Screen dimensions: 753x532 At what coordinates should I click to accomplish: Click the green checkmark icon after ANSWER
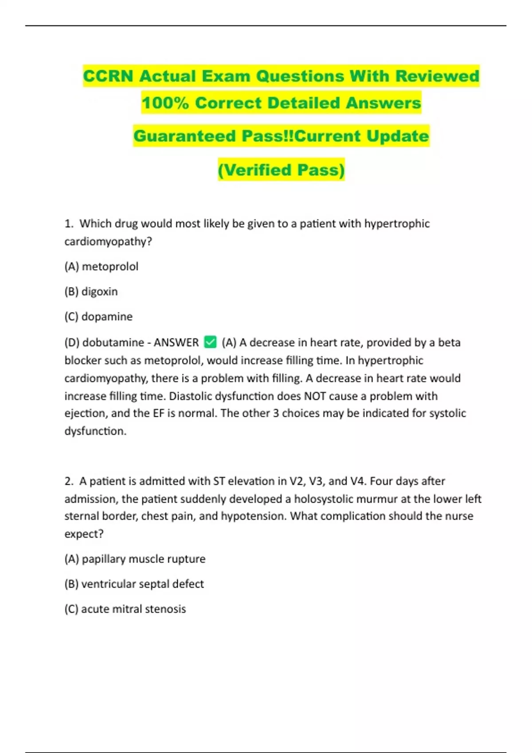[210, 342]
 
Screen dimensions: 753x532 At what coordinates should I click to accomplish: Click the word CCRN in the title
[108, 76]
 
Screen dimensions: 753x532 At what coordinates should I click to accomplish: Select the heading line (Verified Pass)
[281, 170]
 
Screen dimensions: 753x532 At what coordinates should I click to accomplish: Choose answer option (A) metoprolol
[102, 266]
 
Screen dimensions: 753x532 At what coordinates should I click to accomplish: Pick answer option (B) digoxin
[91, 291]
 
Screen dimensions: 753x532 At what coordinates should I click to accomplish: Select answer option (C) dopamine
[98, 316]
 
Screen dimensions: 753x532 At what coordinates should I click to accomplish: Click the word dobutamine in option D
[113, 342]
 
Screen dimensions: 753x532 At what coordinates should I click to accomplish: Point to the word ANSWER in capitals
[176, 342]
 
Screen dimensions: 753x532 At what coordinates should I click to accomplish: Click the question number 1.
[68, 223]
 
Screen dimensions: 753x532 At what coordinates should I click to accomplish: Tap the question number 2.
[68, 481]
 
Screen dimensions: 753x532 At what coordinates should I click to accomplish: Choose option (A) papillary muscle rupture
[135, 559]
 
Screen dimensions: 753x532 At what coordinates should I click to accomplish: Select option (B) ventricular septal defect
[134, 584]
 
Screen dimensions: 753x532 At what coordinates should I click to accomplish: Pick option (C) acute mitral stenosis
[125, 609]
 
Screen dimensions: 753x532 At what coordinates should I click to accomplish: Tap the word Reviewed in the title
[437, 76]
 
